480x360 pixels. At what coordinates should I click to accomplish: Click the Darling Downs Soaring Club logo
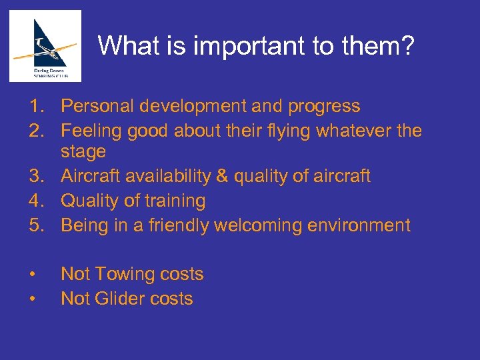(x=45, y=45)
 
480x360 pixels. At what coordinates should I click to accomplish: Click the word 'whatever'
(x=355, y=131)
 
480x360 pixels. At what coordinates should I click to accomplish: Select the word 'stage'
(x=83, y=152)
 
